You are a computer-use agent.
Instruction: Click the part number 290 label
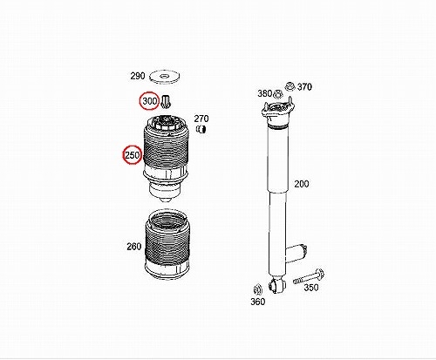(x=138, y=76)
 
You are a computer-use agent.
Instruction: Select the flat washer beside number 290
(x=164, y=78)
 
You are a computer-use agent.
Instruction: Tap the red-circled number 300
(x=149, y=101)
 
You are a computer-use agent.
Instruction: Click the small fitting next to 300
(x=166, y=102)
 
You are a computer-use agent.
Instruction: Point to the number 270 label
(x=201, y=119)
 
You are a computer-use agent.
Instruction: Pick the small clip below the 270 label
(x=201, y=129)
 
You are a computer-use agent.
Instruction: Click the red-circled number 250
(x=133, y=155)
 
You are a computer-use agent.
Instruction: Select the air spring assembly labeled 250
(x=166, y=160)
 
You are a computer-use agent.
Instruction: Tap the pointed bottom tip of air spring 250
(x=167, y=202)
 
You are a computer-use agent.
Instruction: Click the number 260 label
(x=134, y=247)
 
